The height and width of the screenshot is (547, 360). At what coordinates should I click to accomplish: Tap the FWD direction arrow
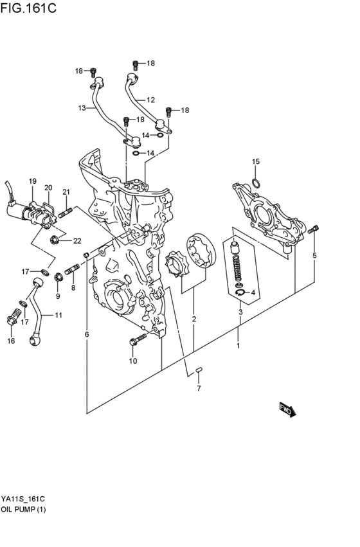(287, 409)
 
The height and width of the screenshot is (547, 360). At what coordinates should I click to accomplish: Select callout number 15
(255, 161)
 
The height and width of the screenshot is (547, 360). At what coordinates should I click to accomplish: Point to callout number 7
(199, 388)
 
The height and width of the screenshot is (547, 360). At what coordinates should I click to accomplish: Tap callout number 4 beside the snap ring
(253, 293)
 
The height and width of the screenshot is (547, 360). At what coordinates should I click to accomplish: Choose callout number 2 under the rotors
(194, 319)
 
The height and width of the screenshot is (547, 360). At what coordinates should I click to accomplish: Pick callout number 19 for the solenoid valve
(32, 182)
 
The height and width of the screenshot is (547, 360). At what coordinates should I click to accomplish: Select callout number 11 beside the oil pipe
(58, 316)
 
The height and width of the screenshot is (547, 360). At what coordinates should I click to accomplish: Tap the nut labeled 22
(55, 242)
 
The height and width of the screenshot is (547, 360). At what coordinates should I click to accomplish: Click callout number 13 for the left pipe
(82, 108)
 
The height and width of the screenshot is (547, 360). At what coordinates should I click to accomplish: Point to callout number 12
(150, 100)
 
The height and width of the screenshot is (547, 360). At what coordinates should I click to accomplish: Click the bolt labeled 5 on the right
(313, 229)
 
